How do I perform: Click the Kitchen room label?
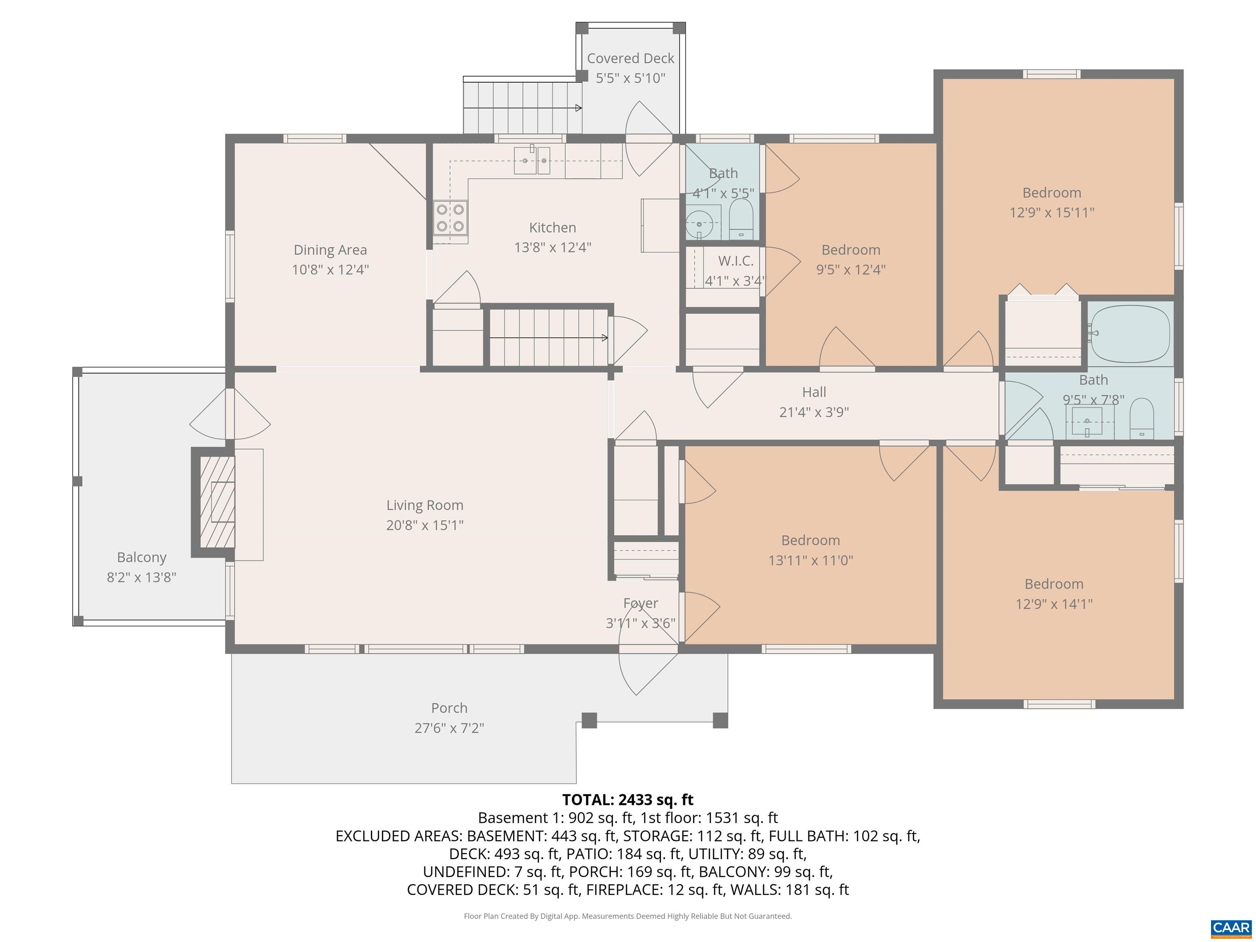click(552, 228)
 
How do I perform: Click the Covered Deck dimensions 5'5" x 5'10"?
click(630, 78)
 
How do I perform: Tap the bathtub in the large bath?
click(1130, 334)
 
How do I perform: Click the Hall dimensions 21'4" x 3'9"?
click(814, 412)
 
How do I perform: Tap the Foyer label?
click(641, 603)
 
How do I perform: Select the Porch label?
click(449, 708)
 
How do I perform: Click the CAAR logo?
click(1231, 927)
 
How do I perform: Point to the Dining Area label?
click(330, 250)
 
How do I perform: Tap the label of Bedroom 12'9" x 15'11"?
click(1052, 193)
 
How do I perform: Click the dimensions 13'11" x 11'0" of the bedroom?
click(810, 561)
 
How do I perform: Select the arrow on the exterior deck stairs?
click(578, 108)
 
